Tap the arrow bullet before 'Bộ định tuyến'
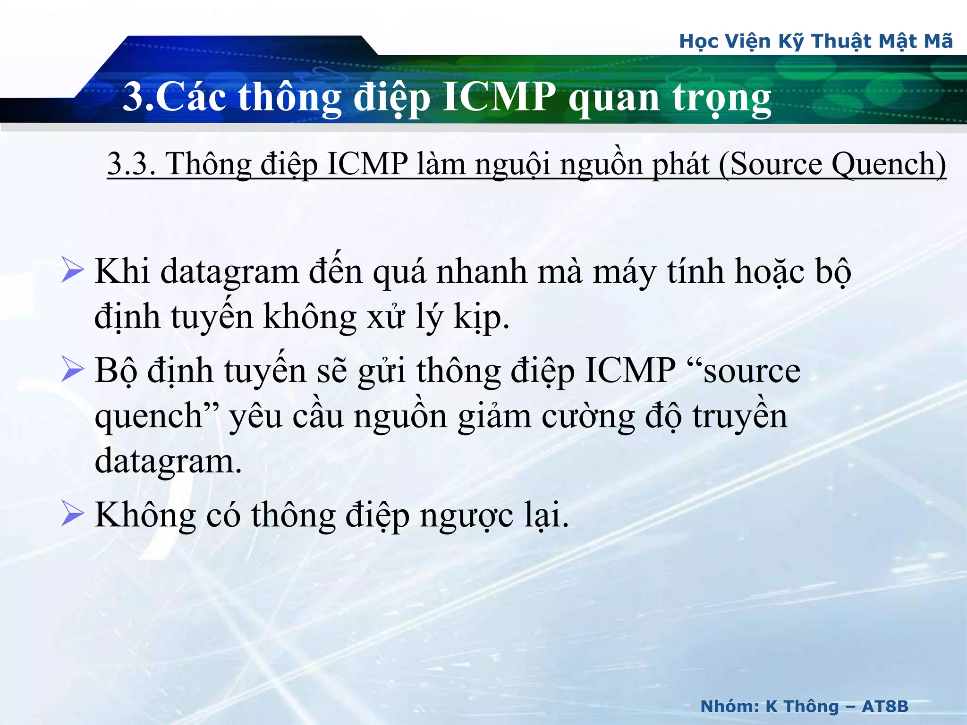pyautogui.click(x=72, y=370)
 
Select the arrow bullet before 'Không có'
pyautogui.click(x=72, y=514)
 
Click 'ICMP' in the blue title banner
pyautogui.click(x=500, y=97)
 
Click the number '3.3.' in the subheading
pyautogui.click(x=132, y=165)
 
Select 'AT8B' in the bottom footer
pyautogui.click(x=885, y=706)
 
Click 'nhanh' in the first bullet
pyautogui.click(x=482, y=272)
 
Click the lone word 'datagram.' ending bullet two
pyautogui.click(x=168, y=462)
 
